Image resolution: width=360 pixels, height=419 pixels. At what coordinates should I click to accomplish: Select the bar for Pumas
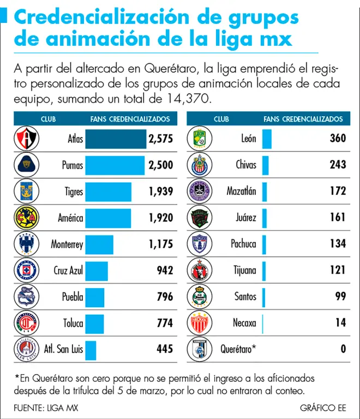tap(115, 165)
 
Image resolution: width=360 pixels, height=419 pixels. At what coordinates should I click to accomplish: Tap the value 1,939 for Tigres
tap(160, 191)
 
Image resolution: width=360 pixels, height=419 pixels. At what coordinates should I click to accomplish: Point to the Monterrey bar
tap(99, 244)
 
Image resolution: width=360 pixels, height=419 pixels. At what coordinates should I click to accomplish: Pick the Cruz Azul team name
tap(68, 270)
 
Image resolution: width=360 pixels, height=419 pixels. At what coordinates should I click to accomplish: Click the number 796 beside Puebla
tap(164, 297)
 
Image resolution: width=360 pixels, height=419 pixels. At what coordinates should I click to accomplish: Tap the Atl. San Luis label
tap(62, 349)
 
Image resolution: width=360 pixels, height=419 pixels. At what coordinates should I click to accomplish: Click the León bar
tap(267, 139)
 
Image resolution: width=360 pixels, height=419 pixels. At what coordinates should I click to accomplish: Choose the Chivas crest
tap(199, 165)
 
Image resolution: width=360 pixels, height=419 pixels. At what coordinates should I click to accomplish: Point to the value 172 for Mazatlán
tap(338, 191)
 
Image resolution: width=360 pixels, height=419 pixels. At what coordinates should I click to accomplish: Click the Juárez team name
tap(246, 218)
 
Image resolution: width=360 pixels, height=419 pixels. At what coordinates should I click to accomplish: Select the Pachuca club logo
tap(199, 244)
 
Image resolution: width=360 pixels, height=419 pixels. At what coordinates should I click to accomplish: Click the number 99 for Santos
tap(340, 297)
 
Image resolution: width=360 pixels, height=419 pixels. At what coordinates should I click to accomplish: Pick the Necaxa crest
tap(199, 323)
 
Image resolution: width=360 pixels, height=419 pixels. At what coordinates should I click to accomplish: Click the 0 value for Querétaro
tap(343, 349)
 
